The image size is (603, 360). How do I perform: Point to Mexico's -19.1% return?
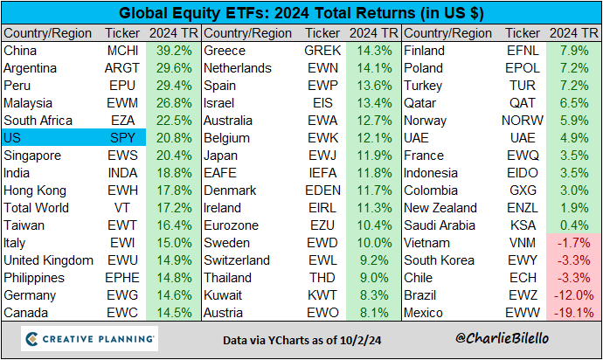[x=573, y=313]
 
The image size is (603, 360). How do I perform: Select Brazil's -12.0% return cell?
[x=573, y=295]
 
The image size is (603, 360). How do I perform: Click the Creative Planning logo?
[x=89, y=338]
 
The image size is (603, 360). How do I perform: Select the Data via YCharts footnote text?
[x=301, y=339]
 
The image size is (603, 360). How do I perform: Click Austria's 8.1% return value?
[x=374, y=313]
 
